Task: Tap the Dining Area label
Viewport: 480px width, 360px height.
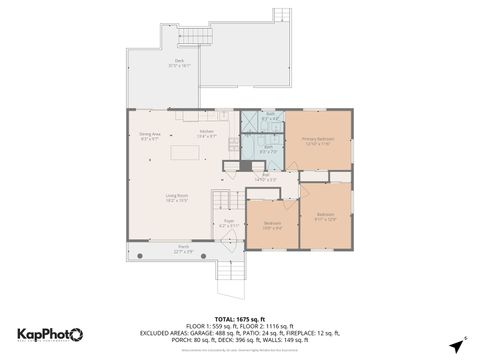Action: (x=150, y=137)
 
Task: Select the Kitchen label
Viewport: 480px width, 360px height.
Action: (x=207, y=133)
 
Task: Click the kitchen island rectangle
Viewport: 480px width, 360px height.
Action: (x=185, y=154)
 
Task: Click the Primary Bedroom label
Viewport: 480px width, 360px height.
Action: (x=320, y=139)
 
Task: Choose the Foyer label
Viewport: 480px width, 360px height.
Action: (x=228, y=223)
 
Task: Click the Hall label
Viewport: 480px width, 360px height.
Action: (x=265, y=177)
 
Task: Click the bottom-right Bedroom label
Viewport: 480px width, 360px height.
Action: (x=325, y=215)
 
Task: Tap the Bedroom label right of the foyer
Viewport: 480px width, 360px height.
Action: (x=272, y=225)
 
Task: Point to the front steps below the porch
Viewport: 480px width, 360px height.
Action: (x=230, y=272)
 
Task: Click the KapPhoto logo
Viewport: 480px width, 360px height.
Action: (x=50, y=334)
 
